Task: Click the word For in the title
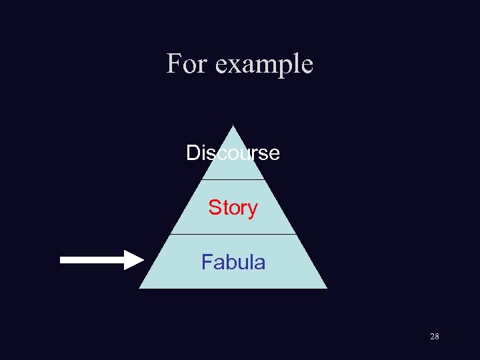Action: tap(185, 64)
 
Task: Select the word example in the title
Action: tap(265, 65)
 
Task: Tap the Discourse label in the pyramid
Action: tap(233, 153)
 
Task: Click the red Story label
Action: tap(233, 207)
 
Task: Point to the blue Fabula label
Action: tap(233, 262)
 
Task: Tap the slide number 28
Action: tap(434, 337)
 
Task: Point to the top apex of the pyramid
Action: tap(233, 127)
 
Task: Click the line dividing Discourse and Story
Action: tap(233, 179)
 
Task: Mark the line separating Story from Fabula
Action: tap(233, 234)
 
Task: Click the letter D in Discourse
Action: tap(193, 153)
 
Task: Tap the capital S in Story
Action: tap(214, 207)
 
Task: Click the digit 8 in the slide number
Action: tap(437, 337)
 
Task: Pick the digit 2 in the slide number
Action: tap(432, 337)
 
